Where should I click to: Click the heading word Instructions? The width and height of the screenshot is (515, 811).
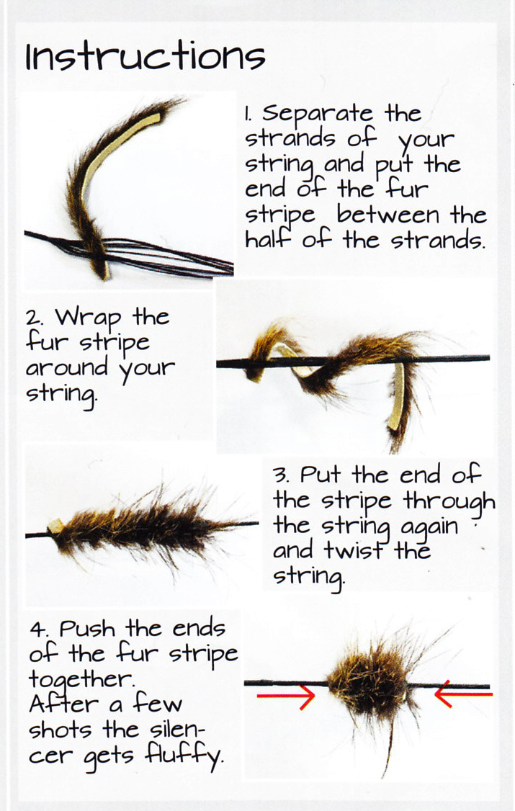tap(145, 56)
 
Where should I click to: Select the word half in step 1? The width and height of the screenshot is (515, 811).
tap(269, 239)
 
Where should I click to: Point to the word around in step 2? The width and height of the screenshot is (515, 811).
tap(67, 368)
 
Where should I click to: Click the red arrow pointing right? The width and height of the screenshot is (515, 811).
tap(286, 696)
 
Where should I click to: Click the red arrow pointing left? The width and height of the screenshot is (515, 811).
tap(463, 694)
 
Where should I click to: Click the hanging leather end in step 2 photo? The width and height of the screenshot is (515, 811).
tap(397, 396)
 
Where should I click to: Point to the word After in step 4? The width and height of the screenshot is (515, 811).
tap(63, 704)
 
